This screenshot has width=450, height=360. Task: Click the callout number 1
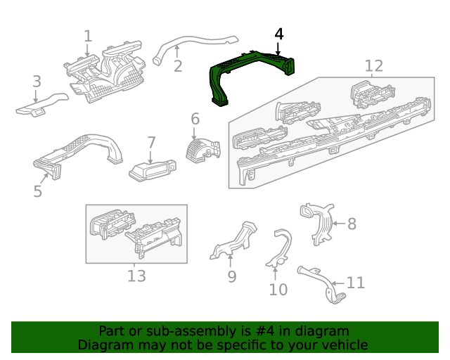coord(88,36)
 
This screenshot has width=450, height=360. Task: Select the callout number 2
coord(178,66)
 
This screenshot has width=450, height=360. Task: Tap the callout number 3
coord(37,83)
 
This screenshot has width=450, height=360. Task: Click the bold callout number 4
coord(279,34)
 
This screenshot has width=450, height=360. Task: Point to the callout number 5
coord(38,191)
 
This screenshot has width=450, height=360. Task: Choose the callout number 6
coord(195,119)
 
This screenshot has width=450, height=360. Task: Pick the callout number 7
coord(151,143)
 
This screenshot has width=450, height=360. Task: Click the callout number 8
coord(352,224)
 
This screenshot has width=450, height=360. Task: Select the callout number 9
coord(232,276)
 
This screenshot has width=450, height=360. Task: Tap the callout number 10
coord(278,289)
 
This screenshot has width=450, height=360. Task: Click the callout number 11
coord(356,283)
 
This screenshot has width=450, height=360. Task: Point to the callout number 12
coord(374,66)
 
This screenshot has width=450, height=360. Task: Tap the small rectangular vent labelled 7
coord(151,169)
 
